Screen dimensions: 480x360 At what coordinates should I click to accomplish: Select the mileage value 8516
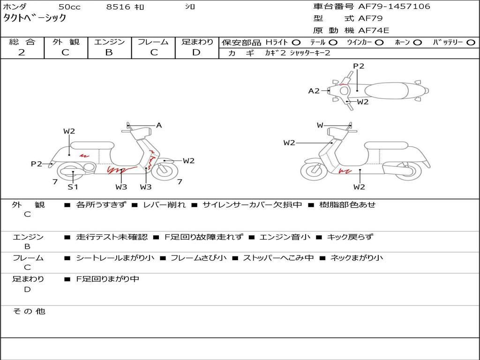click(x=119, y=7)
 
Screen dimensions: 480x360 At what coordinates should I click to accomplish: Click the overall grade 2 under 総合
click(x=22, y=52)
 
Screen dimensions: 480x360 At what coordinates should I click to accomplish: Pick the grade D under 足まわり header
click(x=196, y=52)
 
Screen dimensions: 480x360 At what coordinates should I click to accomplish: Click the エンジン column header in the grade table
click(x=109, y=42)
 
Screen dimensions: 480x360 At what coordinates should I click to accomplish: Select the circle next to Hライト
click(x=296, y=42)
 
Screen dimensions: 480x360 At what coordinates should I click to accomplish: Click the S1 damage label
click(x=73, y=187)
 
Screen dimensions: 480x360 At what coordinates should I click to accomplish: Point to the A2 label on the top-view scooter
click(x=314, y=91)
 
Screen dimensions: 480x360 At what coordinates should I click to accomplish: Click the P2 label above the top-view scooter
click(x=359, y=66)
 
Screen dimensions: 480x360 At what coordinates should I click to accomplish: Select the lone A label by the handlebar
click(x=159, y=125)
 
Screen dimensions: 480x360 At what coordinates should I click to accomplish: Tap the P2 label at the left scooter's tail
click(x=37, y=164)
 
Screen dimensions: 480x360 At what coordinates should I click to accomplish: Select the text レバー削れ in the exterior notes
click(x=164, y=205)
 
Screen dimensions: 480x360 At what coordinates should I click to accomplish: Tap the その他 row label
click(x=29, y=311)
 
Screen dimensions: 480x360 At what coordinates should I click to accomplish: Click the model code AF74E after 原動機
click(x=374, y=30)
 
